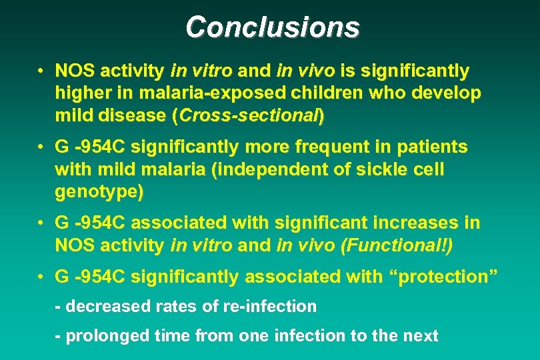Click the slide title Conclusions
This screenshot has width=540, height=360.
point(273,27)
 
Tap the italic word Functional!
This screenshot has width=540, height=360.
point(395,245)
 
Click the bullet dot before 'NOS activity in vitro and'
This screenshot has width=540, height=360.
point(41,71)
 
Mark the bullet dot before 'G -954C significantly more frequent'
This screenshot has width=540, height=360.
point(41,147)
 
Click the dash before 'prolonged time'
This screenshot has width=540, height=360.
point(59,335)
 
